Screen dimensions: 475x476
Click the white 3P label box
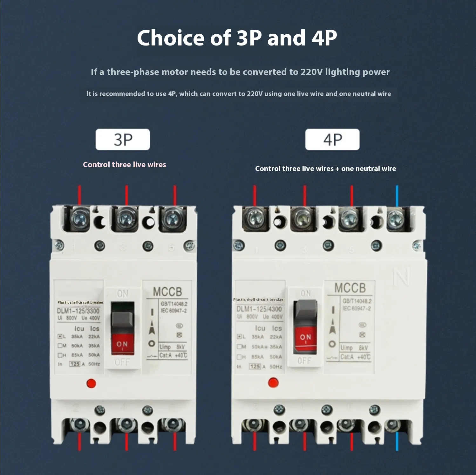pyautogui.click(x=123, y=139)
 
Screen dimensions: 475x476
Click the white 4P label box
pyautogui.click(x=332, y=139)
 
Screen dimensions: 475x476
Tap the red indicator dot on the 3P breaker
pyautogui.click(x=91, y=383)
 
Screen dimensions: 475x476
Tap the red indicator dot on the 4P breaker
pyautogui.click(x=273, y=382)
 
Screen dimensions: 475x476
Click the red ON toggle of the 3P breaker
pyautogui.click(x=122, y=344)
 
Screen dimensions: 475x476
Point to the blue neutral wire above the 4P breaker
pyautogui.click(x=397, y=196)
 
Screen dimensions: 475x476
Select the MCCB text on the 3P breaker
pyautogui.click(x=167, y=292)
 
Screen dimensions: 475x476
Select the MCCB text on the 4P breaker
pyautogui.click(x=350, y=288)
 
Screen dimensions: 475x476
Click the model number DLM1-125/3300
pyautogui.click(x=78, y=311)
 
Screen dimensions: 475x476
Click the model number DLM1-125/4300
pyautogui.click(x=259, y=309)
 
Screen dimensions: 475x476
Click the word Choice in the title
pyautogui.click(x=171, y=38)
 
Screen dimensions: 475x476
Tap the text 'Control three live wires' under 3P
pyautogui.click(x=124, y=165)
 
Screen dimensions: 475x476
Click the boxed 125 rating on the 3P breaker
pyautogui.click(x=75, y=364)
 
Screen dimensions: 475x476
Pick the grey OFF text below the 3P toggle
pyautogui.click(x=122, y=362)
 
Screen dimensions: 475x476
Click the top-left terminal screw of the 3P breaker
pyautogui.click(x=79, y=218)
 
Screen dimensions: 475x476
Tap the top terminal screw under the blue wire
pyautogui.click(x=396, y=218)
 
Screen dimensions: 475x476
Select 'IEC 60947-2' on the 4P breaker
pyautogui.click(x=357, y=308)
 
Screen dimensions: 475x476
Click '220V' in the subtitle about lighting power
pyautogui.click(x=311, y=72)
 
